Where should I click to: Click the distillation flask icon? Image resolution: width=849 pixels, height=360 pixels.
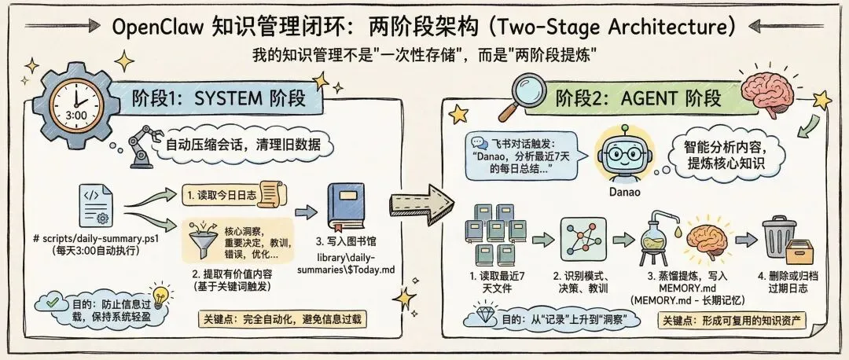(x=657, y=236)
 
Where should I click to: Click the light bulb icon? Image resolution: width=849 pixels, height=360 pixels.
(x=161, y=297)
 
